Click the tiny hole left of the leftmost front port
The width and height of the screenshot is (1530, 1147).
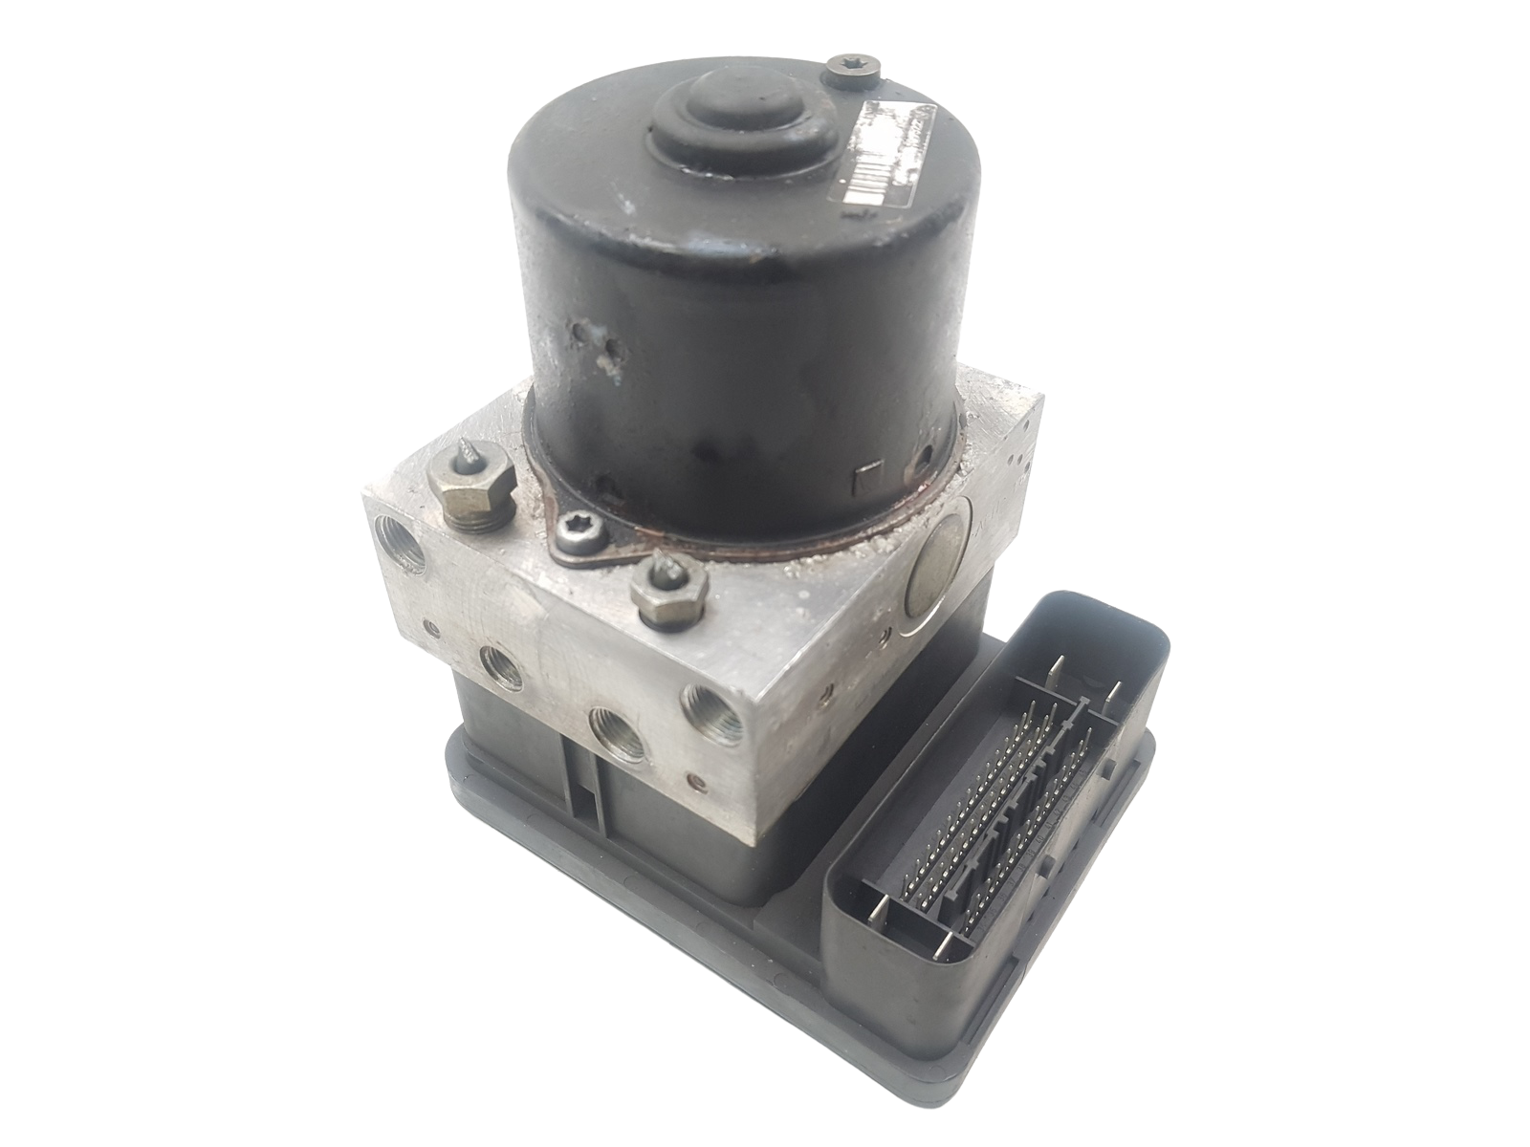433,629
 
